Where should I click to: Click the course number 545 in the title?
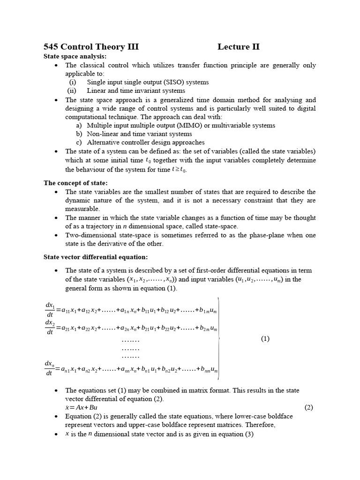[x=51, y=47]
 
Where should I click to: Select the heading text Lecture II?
[x=238, y=47]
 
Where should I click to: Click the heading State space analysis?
[x=75, y=56]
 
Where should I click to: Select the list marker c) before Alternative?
[x=79, y=142]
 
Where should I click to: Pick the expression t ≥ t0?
[x=179, y=169]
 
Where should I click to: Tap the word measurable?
[x=82, y=209]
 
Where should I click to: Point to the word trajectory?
[x=96, y=226]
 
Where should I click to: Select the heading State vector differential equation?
[x=96, y=257]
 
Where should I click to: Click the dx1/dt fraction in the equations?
[x=50, y=309]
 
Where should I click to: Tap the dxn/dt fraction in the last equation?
[x=50, y=368]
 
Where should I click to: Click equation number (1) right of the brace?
[x=265, y=339]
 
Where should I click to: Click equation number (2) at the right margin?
[x=308, y=407]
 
